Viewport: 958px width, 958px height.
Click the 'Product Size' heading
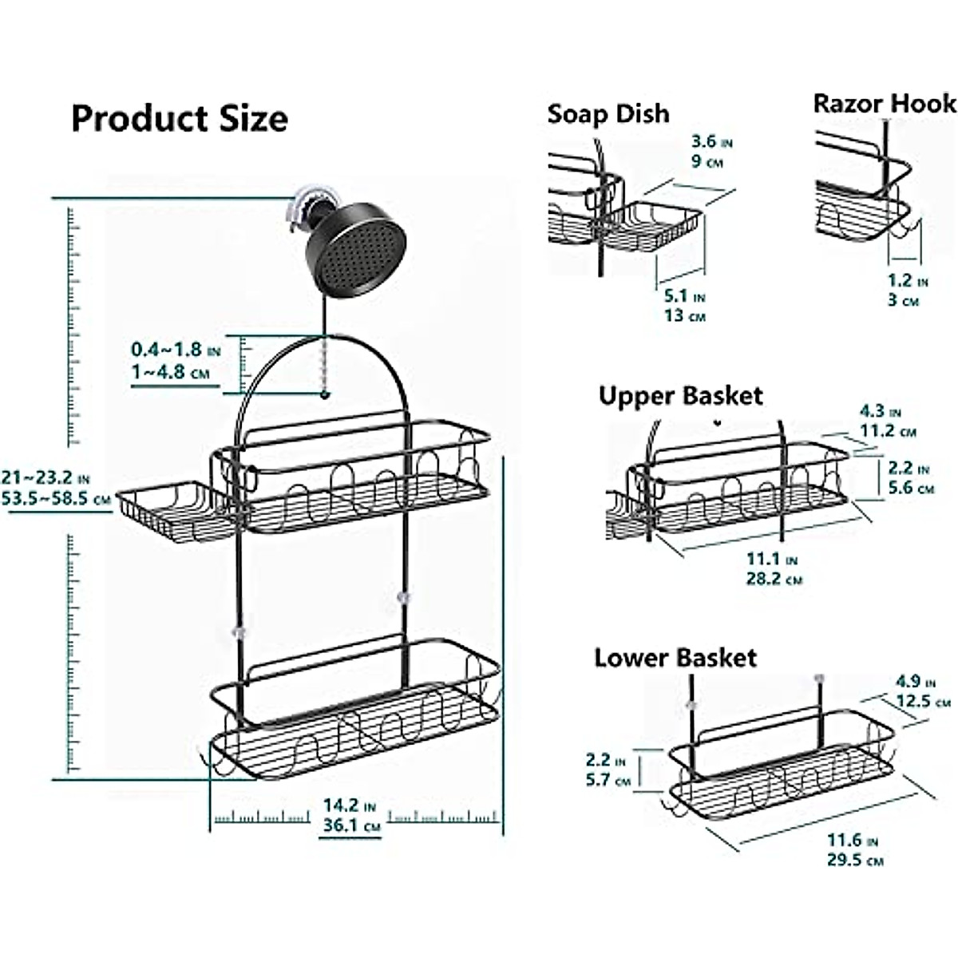180,119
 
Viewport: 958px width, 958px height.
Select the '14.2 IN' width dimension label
349,806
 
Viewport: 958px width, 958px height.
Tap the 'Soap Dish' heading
608,114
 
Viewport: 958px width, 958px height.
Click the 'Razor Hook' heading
884,104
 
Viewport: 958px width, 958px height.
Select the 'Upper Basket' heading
680,396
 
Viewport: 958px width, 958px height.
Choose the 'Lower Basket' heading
675,658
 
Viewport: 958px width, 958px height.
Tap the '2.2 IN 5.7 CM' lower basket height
608,770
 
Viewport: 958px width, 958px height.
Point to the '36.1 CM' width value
349,826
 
